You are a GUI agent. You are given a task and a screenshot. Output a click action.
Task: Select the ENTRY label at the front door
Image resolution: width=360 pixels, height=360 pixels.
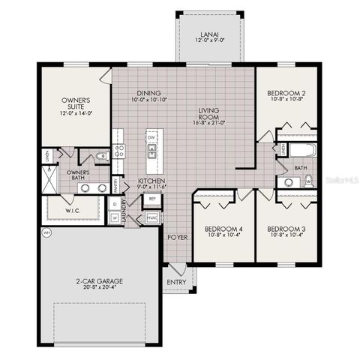[x=176, y=282]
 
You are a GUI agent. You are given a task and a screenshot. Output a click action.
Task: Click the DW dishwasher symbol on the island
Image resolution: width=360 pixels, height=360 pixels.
[x=151, y=138]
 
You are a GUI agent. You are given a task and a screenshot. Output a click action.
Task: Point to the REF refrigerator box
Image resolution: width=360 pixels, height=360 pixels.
[x=151, y=199]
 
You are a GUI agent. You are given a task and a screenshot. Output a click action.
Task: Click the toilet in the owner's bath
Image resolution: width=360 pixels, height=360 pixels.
[x=103, y=156]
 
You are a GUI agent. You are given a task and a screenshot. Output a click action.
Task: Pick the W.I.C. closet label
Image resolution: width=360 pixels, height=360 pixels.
[x=72, y=211]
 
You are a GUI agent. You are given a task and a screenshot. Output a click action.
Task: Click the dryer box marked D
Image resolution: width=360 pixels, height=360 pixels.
[x=114, y=203]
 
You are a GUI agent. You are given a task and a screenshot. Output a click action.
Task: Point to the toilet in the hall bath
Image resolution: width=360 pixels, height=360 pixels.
[x=308, y=180]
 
